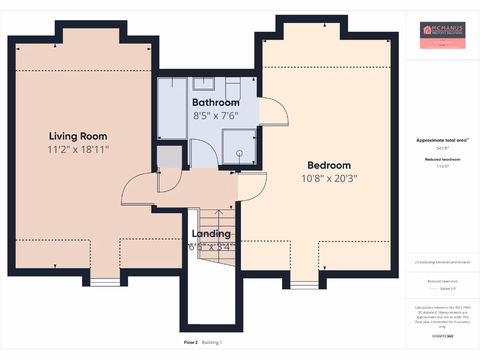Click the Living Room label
tap(78, 136)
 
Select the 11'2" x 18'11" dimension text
tap(78, 150)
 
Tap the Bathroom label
tap(216, 103)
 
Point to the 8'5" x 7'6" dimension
tap(216, 115)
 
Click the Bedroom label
tap(329, 165)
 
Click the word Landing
tap(211, 233)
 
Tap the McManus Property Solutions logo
tap(442, 35)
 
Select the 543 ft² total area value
tap(442, 148)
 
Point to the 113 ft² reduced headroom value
tap(442, 166)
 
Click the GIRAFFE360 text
tap(442, 336)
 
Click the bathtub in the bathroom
tap(172, 108)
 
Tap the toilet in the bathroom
tap(232, 87)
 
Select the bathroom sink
tap(203, 84)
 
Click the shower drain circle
tap(240, 153)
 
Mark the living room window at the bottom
tap(105, 282)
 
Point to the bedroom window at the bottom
tap(304, 285)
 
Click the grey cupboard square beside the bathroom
tap(169, 157)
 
